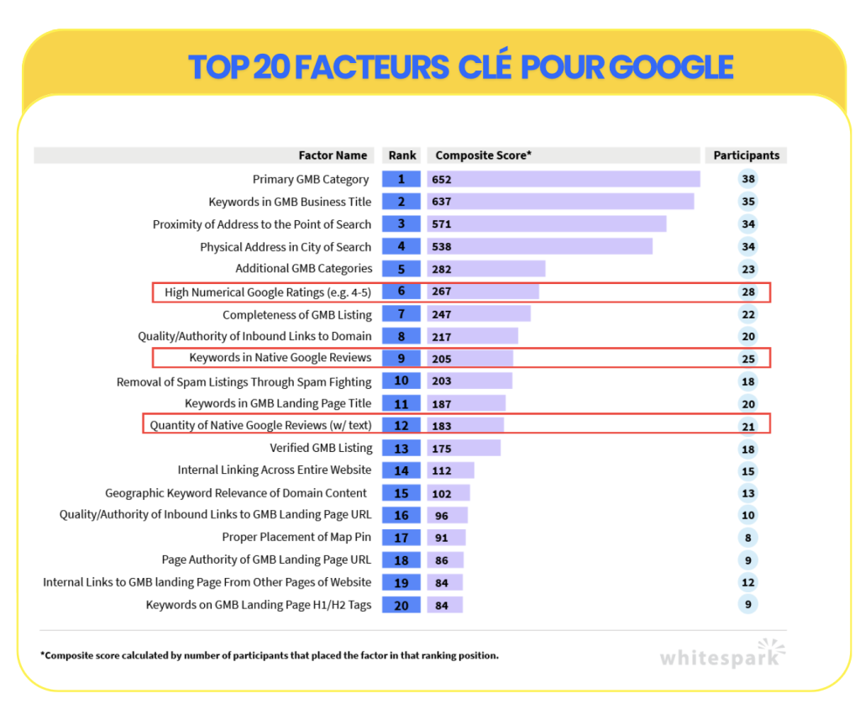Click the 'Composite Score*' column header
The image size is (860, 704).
tap(483, 155)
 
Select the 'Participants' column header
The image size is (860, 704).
tap(746, 155)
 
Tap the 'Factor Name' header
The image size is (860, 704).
tap(333, 155)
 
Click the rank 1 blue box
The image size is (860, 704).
tap(401, 179)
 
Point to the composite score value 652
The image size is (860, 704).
tap(442, 180)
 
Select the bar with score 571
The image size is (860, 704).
tap(546, 223)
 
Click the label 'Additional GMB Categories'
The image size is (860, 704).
tap(304, 268)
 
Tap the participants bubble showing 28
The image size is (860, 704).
tap(748, 292)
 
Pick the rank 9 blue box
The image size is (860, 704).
tap(401, 359)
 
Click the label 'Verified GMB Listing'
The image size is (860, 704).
tap(321, 448)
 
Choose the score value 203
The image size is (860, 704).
tap(442, 381)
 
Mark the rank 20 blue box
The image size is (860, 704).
tap(401, 605)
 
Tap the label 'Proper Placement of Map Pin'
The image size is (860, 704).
tap(296, 537)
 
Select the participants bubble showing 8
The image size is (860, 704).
tap(748, 538)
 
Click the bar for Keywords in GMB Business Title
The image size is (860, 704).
tap(560, 202)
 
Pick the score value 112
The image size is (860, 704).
tap(442, 470)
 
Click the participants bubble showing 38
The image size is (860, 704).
tap(748, 179)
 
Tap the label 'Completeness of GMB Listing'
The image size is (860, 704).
tap(296, 315)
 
